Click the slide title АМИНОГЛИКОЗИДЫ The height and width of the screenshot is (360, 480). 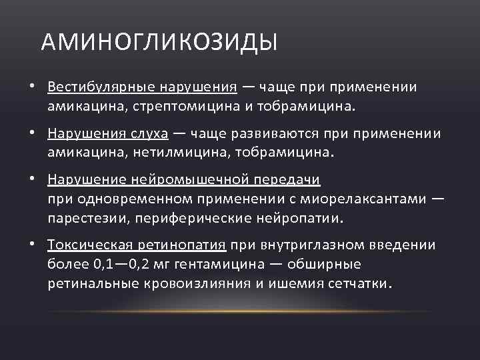[x=159, y=43]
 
